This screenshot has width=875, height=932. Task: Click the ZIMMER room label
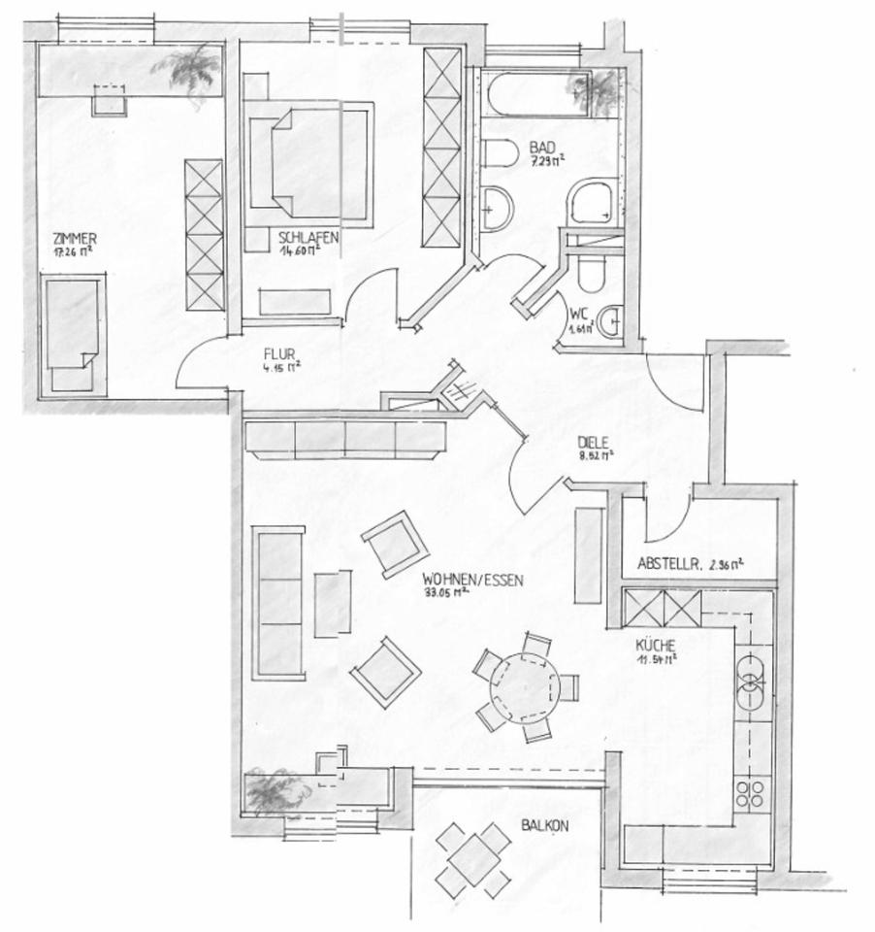pos(76,236)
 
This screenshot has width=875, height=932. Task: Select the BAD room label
pos(541,148)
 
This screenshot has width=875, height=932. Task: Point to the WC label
pos(580,314)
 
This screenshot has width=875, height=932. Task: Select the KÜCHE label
pos(656,645)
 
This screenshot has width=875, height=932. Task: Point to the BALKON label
pos(544,825)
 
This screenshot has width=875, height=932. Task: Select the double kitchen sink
pos(753,681)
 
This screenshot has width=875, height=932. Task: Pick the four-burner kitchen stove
pos(751,795)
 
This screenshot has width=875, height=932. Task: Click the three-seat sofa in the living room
pos(278,602)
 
